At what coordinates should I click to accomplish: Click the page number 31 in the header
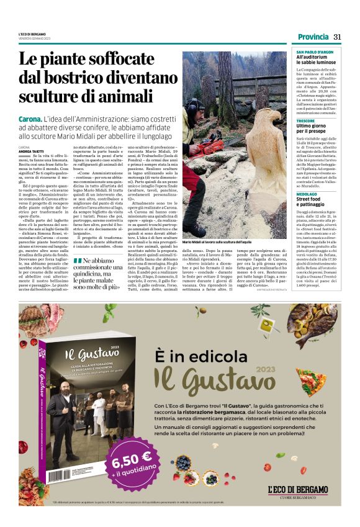click(x=338, y=37)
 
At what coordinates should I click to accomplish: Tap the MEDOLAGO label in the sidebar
click(x=308, y=192)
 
